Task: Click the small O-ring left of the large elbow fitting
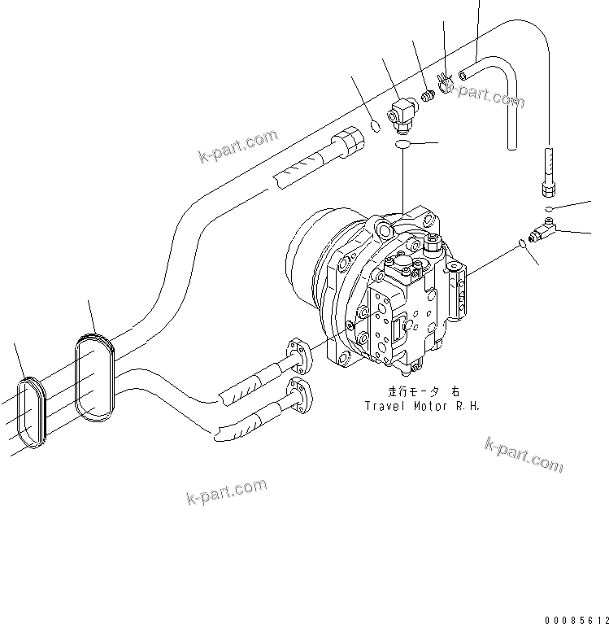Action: click(x=373, y=126)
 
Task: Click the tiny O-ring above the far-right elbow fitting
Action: click(x=550, y=210)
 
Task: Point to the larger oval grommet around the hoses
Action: click(x=95, y=377)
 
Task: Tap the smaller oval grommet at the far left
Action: click(x=33, y=412)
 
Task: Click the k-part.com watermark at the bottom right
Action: click(x=524, y=454)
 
